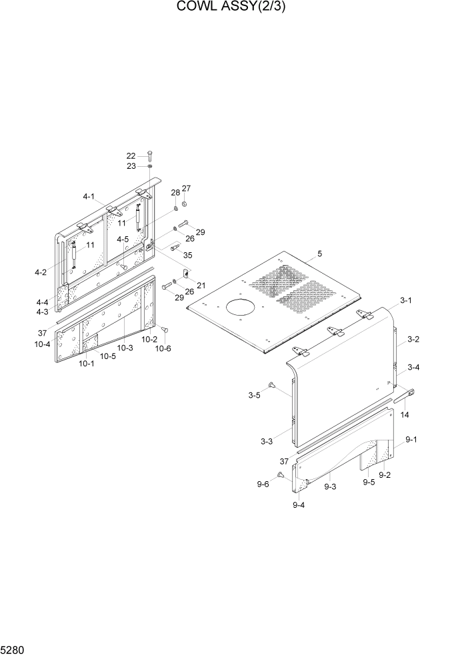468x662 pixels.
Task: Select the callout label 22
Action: (x=131, y=156)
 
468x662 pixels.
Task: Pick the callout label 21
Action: (x=201, y=285)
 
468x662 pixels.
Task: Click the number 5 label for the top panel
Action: (x=319, y=254)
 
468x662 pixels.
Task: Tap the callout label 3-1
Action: (x=406, y=300)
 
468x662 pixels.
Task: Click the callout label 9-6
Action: (x=263, y=484)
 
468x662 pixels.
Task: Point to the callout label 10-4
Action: (x=43, y=344)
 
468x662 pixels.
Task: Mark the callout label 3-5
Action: (x=254, y=396)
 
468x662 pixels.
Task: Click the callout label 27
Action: (x=186, y=188)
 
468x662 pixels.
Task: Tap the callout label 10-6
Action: (x=163, y=348)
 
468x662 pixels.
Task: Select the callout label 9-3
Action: (x=330, y=487)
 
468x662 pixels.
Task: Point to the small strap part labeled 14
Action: (x=405, y=396)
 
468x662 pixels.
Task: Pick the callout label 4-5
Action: (x=123, y=239)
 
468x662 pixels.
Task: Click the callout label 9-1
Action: (x=411, y=440)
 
